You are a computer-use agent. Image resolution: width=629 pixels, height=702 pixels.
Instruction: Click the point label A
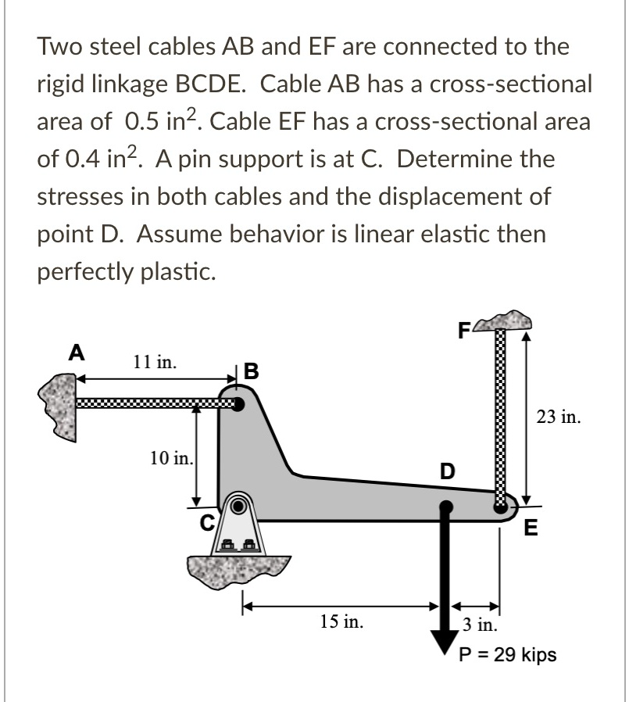75,352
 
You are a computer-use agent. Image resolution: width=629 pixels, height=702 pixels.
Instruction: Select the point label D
446,471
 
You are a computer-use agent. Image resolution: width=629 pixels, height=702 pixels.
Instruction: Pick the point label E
531,528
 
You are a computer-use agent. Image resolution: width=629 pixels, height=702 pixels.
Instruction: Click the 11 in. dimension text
155,362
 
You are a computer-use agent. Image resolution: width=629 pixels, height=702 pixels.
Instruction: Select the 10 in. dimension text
172,457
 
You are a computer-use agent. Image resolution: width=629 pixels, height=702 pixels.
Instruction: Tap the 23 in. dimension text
558,417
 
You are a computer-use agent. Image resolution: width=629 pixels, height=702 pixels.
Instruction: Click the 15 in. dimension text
342,622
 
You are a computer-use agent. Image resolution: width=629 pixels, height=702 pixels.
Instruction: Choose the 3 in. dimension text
477,624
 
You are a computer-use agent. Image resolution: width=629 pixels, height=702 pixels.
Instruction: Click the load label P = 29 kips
507,654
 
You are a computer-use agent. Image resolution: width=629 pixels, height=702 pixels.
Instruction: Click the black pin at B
238,404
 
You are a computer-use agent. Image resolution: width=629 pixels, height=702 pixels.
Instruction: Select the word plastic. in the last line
163,270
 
